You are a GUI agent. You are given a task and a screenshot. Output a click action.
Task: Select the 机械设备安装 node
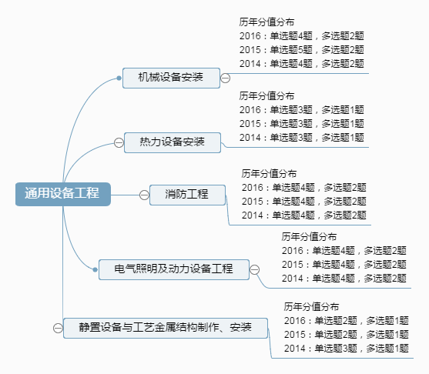(x=171, y=78)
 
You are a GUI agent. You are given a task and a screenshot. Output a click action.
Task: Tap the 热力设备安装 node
(x=172, y=142)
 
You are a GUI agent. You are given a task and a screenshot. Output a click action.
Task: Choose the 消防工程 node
(x=187, y=195)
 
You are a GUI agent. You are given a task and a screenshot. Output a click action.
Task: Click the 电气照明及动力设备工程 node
(x=173, y=269)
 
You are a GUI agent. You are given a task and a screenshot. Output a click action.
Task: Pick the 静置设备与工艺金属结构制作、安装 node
(x=165, y=328)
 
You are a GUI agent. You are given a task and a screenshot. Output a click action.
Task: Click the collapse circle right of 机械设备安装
(x=225, y=78)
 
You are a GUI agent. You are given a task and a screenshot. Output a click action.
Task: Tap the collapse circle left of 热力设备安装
(x=119, y=142)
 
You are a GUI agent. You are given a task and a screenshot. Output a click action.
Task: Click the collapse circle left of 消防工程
(x=144, y=195)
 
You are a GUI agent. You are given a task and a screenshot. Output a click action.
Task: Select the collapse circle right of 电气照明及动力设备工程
(x=255, y=269)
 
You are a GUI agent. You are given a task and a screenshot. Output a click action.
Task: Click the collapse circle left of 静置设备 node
(x=58, y=328)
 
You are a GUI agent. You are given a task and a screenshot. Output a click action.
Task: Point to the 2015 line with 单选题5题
(x=301, y=49)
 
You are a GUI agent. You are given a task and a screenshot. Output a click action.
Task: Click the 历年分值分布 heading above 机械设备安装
(x=266, y=22)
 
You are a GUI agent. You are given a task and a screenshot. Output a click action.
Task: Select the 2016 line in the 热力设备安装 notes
(x=301, y=109)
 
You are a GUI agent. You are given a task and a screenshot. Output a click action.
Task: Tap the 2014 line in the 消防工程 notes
(x=303, y=214)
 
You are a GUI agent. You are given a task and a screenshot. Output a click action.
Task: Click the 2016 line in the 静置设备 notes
(x=346, y=320)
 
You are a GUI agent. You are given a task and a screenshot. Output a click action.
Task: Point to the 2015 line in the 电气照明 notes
(x=344, y=264)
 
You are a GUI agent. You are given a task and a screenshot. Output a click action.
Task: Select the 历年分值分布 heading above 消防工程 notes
(x=269, y=174)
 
